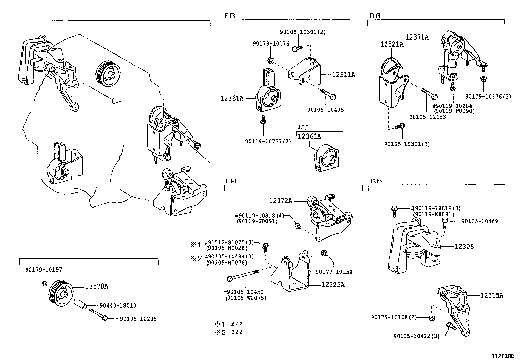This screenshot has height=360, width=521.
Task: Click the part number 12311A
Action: click(x=343, y=75)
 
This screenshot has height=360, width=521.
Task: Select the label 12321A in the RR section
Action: click(x=392, y=44)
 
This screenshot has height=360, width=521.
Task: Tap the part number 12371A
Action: click(x=417, y=37)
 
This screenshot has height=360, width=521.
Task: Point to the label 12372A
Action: click(x=280, y=200)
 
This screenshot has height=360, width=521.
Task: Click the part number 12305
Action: click(x=464, y=247)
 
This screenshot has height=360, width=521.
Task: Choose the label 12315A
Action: click(x=492, y=295)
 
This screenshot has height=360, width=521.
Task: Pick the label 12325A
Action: click(x=333, y=285)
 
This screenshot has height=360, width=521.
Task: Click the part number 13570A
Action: click(x=97, y=287)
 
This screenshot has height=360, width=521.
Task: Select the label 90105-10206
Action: click(x=138, y=319)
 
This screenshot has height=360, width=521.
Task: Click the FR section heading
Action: click(x=230, y=16)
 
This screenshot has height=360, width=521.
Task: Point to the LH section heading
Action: click(x=231, y=181)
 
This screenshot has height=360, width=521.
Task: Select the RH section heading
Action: click(x=376, y=181)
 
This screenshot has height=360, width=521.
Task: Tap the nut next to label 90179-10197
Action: click(x=45, y=283)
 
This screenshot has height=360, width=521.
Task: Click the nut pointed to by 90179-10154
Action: click(x=324, y=253)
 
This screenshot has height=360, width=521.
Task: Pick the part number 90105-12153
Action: click(x=427, y=117)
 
